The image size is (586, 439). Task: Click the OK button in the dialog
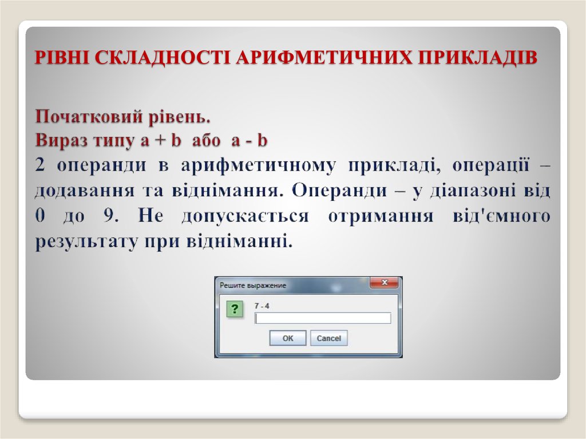[x=287, y=338]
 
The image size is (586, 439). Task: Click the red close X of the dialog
[x=383, y=283]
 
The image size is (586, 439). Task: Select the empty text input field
[x=323, y=318]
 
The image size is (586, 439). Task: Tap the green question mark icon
[x=233, y=310]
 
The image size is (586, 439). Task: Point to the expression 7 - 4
[x=262, y=306]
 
